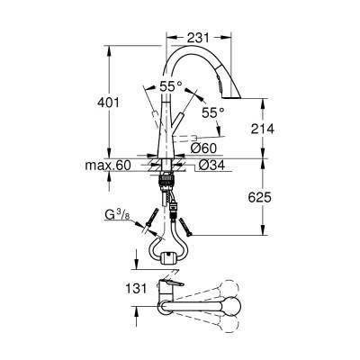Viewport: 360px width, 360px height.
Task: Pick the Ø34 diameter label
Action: point(212,165)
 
